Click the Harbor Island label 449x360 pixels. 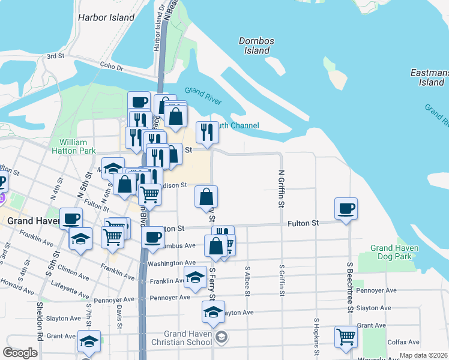pyautogui.click(x=106, y=17)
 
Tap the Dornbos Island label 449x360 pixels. pyautogui.click(x=256, y=46)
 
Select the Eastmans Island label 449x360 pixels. pyautogui.click(x=427, y=77)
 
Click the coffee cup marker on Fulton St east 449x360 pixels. pyautogui.click(x=346, y=209)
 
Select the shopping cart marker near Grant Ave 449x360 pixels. pyautogui.click(x=346, y=337)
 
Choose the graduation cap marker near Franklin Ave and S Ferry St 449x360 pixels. pyautogui.click(x=195, y=278)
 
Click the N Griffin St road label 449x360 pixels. pyautogui.click(x=280, y=188)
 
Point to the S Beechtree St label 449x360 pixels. pyautogui.click(x=348, y=286)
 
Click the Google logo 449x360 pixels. pyautogui.click(x=20, y=353)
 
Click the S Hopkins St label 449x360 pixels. pyautogui.click(x=315, y=337)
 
